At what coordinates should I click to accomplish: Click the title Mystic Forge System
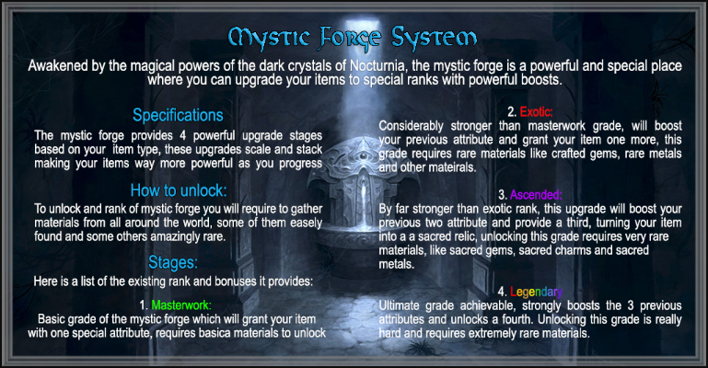point(353,38)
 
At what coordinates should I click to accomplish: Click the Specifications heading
point(178,115)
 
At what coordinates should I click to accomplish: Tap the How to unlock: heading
point(179,190)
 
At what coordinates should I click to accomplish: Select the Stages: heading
point(173,262)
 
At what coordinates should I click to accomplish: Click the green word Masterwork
point(181,305)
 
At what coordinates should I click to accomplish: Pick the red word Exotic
point(536,112)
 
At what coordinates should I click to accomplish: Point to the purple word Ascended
point(536,195)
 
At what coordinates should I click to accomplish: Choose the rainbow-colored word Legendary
point(537,293)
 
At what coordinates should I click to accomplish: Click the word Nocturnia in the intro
point(377,66)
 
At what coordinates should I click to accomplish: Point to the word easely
point(305,223)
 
